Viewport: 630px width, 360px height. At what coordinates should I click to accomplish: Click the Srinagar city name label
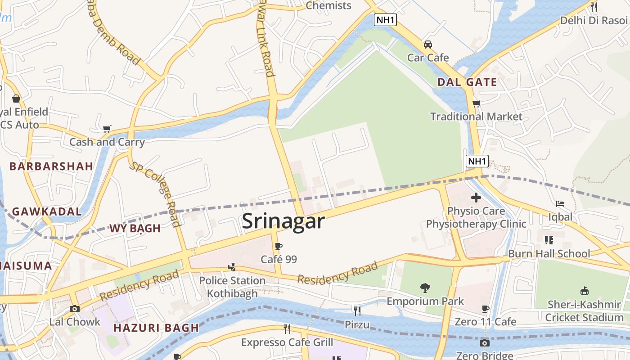pyautogui.click(x=283, y=221)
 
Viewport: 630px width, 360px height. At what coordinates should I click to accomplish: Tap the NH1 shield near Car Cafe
pyautogui.click(x=386, y=20)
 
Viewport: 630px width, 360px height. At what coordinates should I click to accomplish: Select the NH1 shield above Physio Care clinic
pyautogui.click(x=477, y=161)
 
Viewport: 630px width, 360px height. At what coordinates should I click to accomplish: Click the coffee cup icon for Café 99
pyautogui.click(x=279, y=246)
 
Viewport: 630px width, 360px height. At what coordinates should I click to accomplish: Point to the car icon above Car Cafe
pyautogui.click(x=428, y=45)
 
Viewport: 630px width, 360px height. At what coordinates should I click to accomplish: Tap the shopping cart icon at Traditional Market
pyautogui.click(x=477, y=103)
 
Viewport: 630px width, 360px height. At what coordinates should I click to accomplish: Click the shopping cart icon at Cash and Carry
pyautogui.click(x=107, y=129)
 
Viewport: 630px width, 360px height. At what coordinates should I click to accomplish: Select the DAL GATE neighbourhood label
pyautogui.click(x=467, y=82)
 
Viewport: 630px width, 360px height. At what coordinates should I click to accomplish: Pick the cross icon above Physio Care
pyautogui.click(x=476, y=197)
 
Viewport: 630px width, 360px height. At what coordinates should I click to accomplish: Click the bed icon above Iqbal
pyautogui.click(x=560, y=204)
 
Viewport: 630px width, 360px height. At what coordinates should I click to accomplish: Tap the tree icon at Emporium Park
pyautogui.click(x=425, y=288)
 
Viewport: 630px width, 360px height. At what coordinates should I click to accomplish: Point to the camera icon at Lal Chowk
pyautogui.click(x=75, y=309)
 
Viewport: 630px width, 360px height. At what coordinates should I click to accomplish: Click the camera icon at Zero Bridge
pyautogui.click(x=484, y=343)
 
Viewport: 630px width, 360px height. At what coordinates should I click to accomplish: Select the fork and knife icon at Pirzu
pyautogui.click(x=357, y=311)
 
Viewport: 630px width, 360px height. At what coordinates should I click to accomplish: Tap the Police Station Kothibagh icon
pyautogui.click(x=232, y=267)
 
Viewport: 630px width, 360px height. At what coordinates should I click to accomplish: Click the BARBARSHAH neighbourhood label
pyautogui.click(x=51, y=166)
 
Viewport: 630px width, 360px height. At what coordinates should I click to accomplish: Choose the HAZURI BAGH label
pyautogui.click(x=156, y=328)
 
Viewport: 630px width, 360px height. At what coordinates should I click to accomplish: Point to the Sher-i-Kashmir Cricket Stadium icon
pyautogui.click(x=584, y=291)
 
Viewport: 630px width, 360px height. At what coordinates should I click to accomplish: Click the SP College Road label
pyautogui.click(x=155, y=194)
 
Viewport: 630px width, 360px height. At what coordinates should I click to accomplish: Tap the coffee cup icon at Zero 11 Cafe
pyautogui.click(x=485, y=309)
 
